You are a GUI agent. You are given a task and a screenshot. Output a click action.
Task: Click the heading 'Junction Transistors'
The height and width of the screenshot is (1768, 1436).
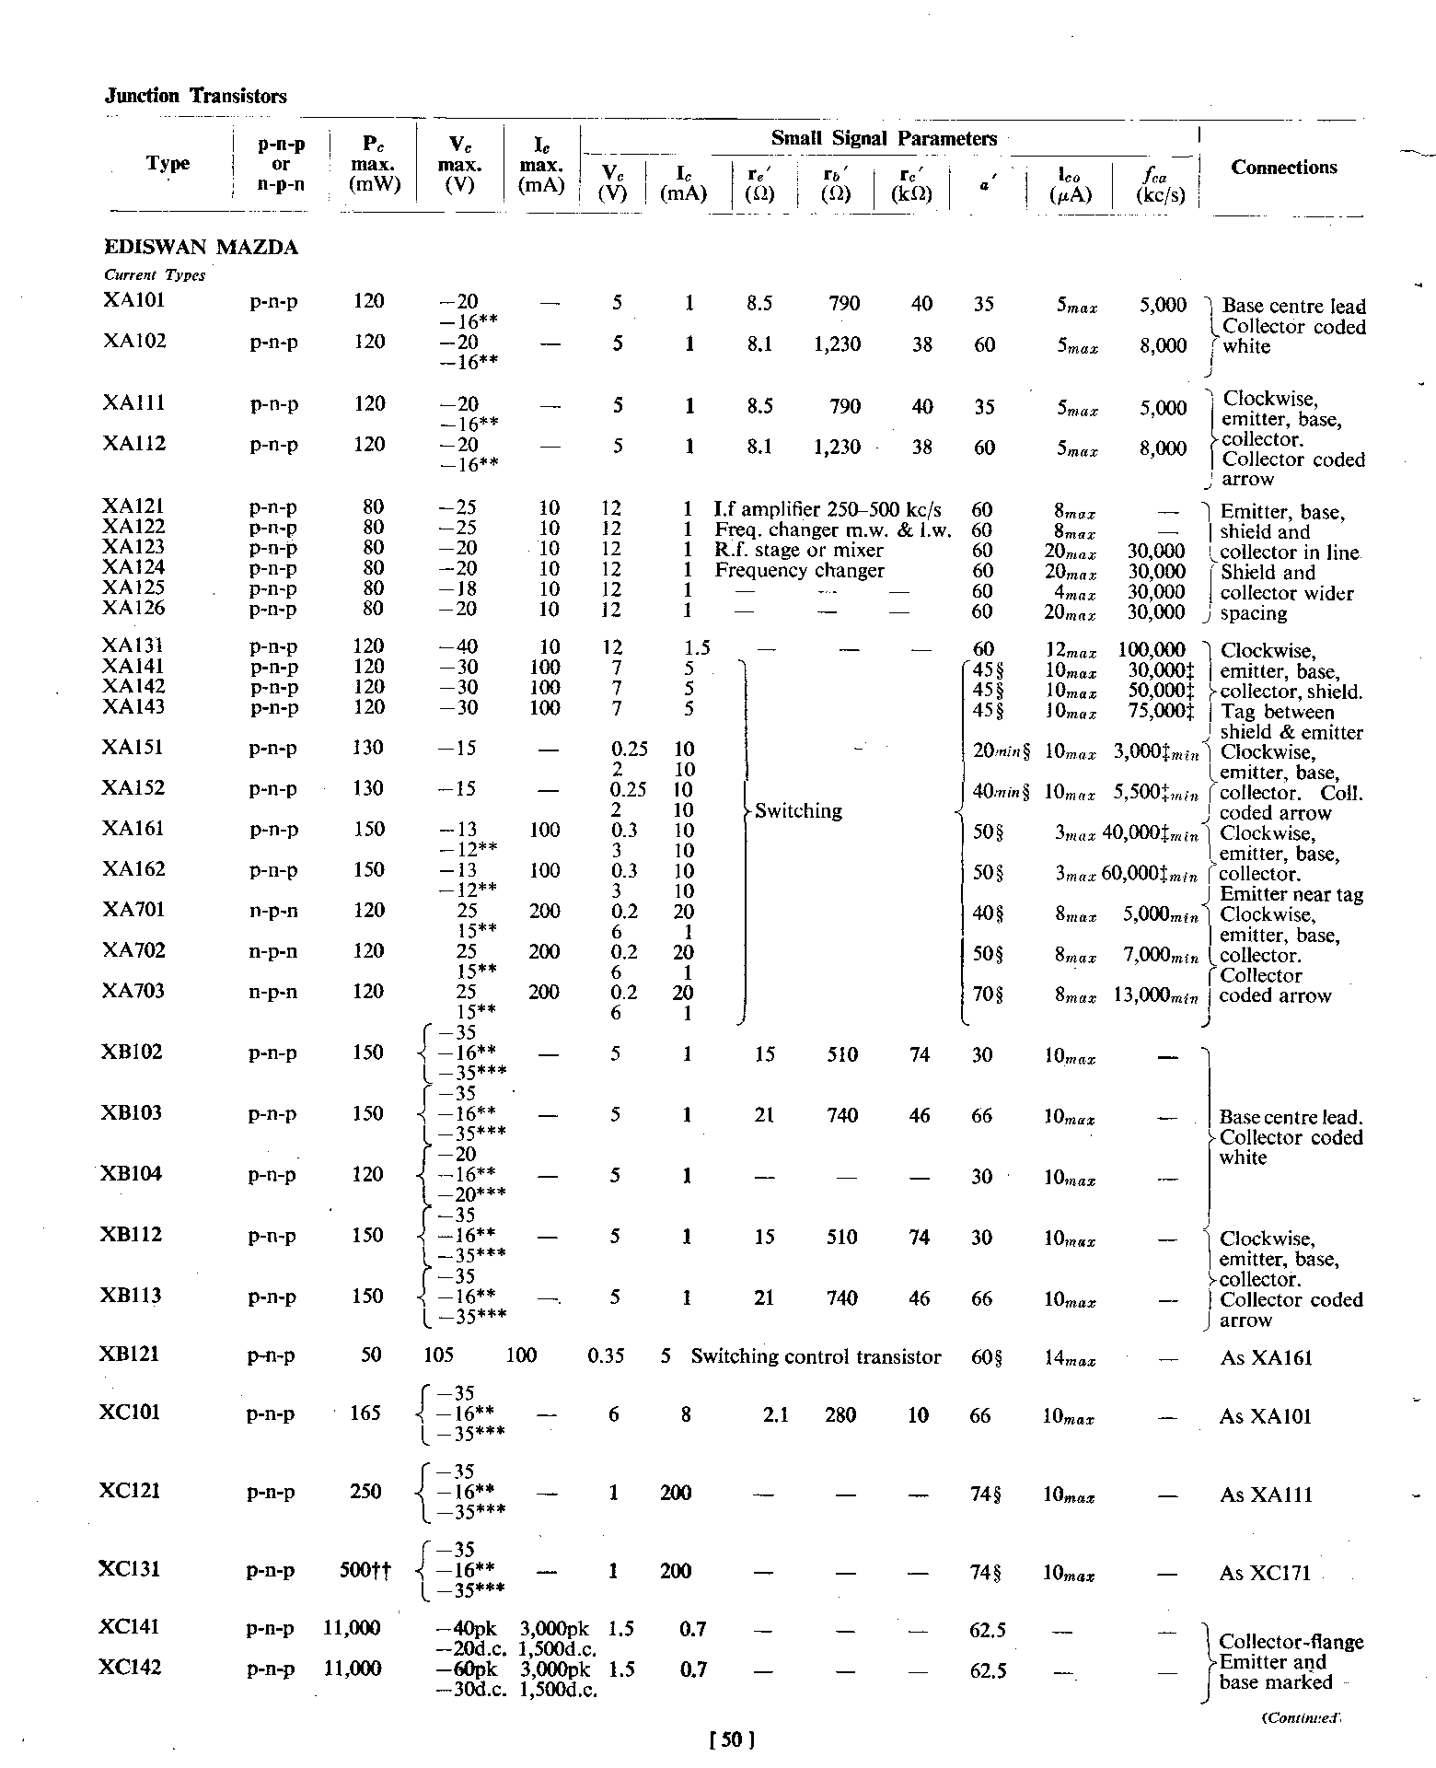click(196, 97)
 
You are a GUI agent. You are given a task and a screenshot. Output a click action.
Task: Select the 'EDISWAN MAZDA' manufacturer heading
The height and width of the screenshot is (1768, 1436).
click(201, 248)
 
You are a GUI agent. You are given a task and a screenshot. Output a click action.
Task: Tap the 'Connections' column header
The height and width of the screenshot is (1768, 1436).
click(1283, 168)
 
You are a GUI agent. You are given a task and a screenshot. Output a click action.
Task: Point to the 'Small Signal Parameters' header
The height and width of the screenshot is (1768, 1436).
click(884, 139)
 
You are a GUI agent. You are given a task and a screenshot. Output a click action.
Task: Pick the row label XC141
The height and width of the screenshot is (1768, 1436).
click(130, 1627)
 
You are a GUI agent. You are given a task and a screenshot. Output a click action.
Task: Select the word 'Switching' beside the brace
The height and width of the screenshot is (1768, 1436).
click(798, 811)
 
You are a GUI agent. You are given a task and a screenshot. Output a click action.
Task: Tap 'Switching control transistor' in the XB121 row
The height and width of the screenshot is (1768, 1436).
click(816, 1357)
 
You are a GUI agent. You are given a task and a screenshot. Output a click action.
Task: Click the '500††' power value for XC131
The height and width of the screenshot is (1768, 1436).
click(365, 1571)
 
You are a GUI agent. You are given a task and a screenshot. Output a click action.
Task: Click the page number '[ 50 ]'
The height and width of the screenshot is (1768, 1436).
click(733, 1739)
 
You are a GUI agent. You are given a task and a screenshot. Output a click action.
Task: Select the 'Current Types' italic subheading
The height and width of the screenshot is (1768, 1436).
click(155, 275)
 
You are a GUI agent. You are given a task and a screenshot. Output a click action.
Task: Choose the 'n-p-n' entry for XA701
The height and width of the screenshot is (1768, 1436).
click(273, 911)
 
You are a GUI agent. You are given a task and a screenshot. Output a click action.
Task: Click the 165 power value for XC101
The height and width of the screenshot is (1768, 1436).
click(365, 1413)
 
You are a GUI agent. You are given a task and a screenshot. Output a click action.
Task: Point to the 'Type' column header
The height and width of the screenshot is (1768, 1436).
click(168, 164)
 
